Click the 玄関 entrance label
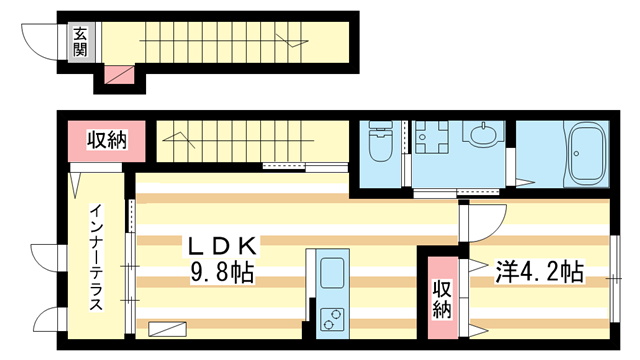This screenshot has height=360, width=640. pos(79,41)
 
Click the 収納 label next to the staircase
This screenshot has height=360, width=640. pos(105,140)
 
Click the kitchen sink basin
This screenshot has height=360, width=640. pos(331,270)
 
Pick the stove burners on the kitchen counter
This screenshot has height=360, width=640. pos(331,318)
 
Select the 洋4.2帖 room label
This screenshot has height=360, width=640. pos(539,270)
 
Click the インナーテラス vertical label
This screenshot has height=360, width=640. pos(95,256)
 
